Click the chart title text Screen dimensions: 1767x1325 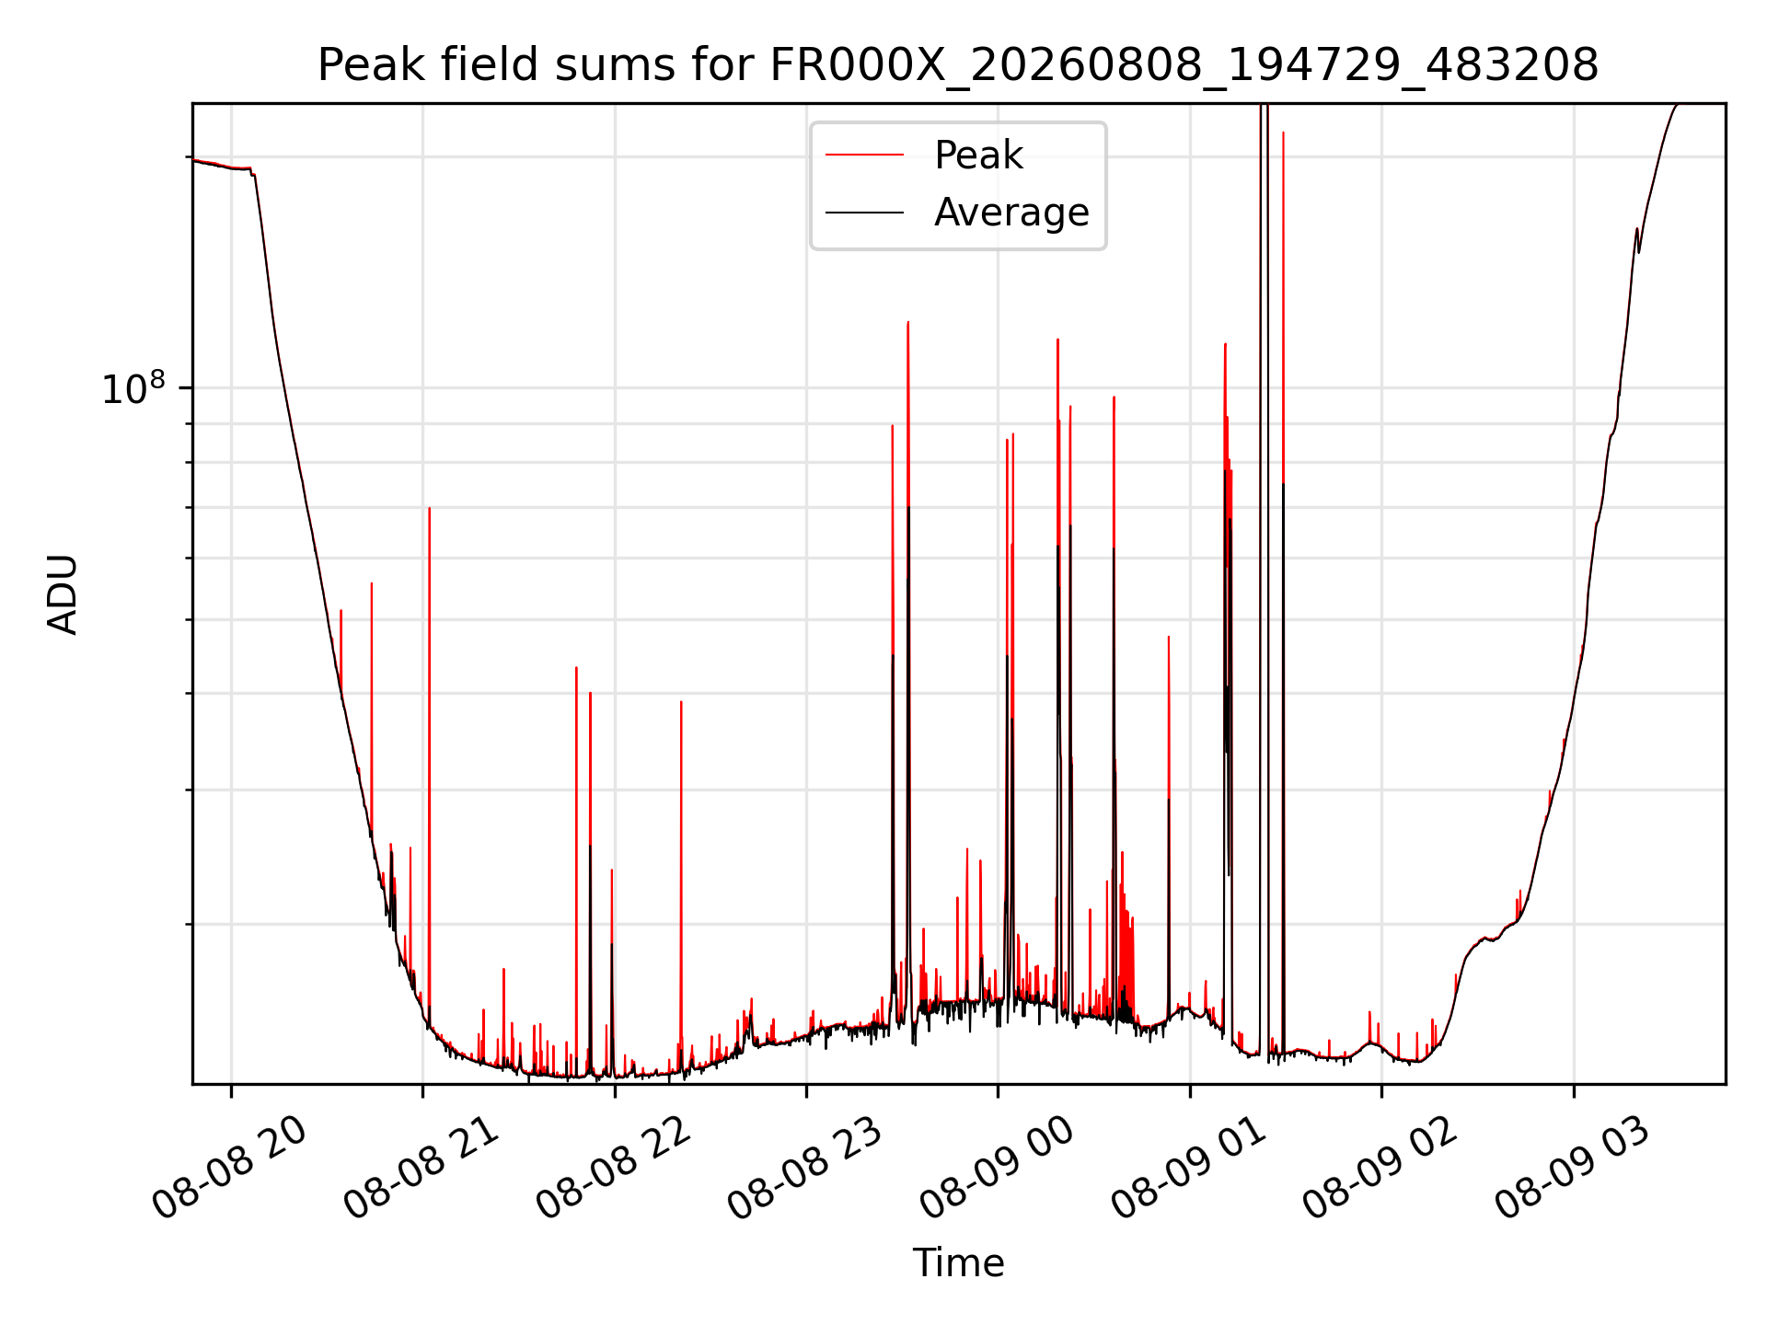[x=958, y=65]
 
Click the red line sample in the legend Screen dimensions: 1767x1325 [x=864, y=156]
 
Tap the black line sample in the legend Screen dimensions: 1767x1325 [x=864, y=213]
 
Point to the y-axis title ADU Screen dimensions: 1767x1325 [x=63, y=594]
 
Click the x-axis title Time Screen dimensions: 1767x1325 [x=958, y=1263]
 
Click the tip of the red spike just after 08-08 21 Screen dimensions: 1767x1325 [x=429, y=508]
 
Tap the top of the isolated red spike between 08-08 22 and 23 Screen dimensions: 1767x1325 [x=681, y=702]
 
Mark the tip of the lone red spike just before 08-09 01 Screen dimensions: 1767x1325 [x=1169, y=637]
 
